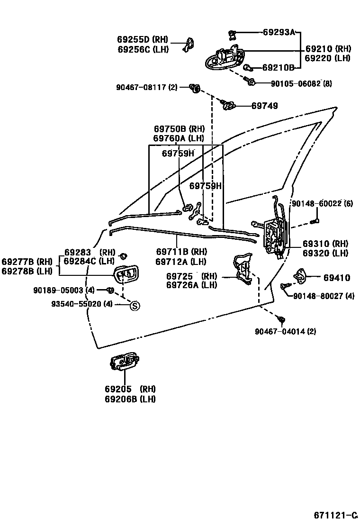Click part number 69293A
(x=279, y=32)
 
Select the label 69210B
(x=278, y=68)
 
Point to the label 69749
(x=264, y=106)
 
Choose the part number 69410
(x=337, y=278)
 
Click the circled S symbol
(x=135, y=306)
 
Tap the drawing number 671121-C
(x=335, y=515)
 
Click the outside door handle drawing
(x=225, y=58)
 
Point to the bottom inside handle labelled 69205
(x=123, y=362)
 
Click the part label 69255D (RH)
(x=139, y=40)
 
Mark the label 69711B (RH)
(x=181, y=251)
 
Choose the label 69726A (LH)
(x=191, y=285)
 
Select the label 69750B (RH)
(x=178, y=129)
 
